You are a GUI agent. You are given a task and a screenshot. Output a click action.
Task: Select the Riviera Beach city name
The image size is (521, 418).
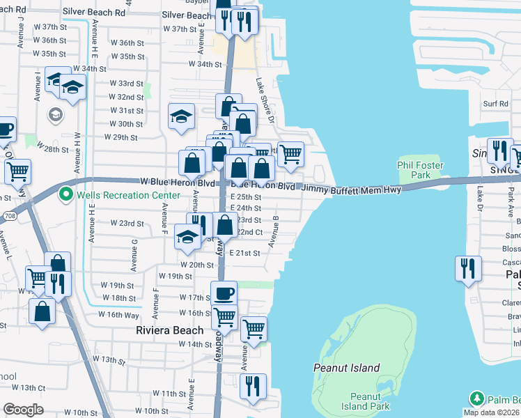(x=169, y=330)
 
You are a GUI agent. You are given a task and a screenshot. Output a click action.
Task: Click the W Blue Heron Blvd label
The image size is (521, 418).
(x=176, y=181)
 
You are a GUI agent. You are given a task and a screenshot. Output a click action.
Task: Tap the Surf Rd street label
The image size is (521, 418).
(x=497, y=104)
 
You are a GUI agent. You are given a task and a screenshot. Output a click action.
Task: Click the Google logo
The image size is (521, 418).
(x=24, y=410)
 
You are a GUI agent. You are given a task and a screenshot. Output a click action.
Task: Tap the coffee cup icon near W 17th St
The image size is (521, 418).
(x=224, y=294)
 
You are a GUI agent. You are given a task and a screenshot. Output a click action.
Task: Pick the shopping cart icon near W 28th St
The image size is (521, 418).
(x=17, y=171)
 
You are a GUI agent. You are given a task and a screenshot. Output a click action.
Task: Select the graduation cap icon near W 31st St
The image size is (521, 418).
(x=181, y=116)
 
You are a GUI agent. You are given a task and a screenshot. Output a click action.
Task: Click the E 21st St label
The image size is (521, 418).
(x=244, y=253)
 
